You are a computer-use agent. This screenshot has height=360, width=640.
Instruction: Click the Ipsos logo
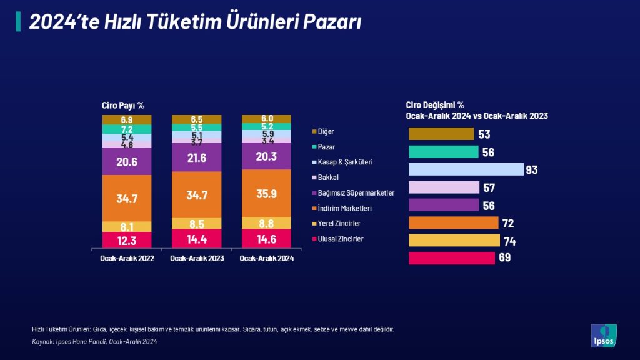click(x=604, y=336)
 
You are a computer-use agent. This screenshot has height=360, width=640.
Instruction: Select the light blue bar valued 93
click(x=466, y=169)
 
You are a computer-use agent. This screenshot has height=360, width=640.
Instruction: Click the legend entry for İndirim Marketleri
click(x=342, y=208)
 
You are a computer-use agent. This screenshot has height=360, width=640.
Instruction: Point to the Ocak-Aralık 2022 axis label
click(x=127, y=258)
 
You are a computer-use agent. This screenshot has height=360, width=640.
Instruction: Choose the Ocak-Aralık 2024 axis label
click(x=266, y=258)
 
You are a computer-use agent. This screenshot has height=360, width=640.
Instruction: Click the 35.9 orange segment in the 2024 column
click(x=266, y=193)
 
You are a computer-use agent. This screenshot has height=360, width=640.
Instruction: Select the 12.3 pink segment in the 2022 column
click(x=127, y=240)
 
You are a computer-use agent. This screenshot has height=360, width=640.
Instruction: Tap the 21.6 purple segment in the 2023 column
click(x=197, y=157)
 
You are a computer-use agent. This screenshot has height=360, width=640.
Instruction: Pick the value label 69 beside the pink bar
click(x=504, y=257)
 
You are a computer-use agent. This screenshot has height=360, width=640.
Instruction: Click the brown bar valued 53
click(x=441, y=134)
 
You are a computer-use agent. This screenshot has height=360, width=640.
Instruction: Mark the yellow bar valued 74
click(x=454, y=241)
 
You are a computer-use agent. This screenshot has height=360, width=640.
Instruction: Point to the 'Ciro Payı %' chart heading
click(x=123, y=105)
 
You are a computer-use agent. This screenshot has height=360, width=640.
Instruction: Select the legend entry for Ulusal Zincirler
click(x=338, y=239)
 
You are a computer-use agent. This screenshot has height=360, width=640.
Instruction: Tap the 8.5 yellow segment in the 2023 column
click(x=197, y=224)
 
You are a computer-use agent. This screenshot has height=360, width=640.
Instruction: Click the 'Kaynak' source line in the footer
click(x=94, y=342)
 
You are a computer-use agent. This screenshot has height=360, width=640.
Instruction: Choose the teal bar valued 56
click(x=444, y=152)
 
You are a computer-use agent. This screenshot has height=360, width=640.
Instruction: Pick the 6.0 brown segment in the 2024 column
click(x=266, y=119)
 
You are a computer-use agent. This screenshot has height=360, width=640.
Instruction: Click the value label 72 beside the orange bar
click(x=508, y=223)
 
